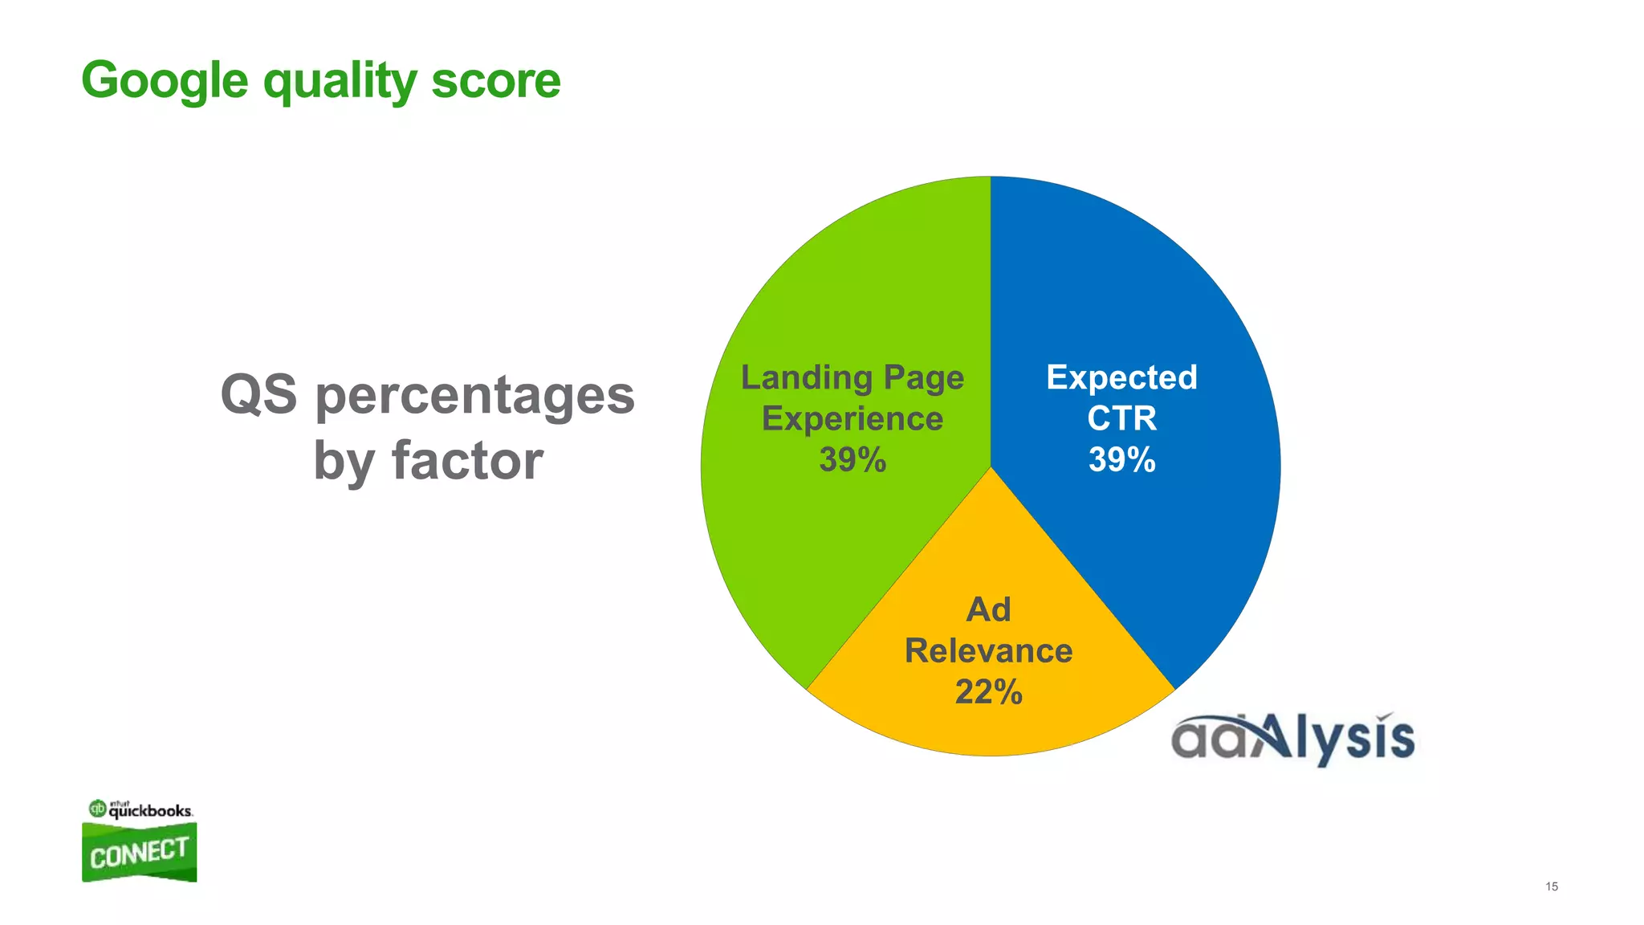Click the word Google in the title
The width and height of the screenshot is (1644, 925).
[165, 80]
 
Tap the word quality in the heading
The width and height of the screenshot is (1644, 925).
[340, 82]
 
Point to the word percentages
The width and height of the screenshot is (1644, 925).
[474, 396]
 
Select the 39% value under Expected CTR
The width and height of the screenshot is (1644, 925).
[1121, 460]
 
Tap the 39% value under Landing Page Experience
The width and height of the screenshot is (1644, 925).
[853, 460]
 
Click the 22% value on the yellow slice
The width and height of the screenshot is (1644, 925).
[988, 691]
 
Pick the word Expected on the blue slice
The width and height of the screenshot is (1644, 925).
[1121, 377]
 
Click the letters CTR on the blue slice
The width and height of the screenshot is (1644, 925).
[1121, 418]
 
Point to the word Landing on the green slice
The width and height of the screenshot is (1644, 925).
[807, 377]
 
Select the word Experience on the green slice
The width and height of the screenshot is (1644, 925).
[853, 418]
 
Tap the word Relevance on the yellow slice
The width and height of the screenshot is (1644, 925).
[988, 650]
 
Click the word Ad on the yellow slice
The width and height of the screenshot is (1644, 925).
[988, 609]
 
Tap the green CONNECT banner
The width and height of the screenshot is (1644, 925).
[139, 853]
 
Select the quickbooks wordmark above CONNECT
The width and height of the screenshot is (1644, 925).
[150, 810]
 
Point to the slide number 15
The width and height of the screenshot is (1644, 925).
[1551, 886]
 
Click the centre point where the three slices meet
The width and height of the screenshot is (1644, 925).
[991, 467]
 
